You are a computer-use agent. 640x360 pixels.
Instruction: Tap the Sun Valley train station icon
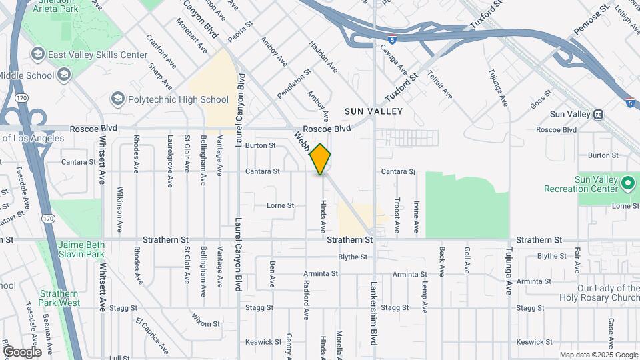pyautogui.click(x=599, y=114)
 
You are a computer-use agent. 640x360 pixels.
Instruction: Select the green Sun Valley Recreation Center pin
pyautogui.click(x=627, y=182)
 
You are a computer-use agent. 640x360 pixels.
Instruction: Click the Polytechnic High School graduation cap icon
pyautogui.click(x=118, y=99)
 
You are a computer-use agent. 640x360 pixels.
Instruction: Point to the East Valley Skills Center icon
pyautogui.click(x=37, y=54)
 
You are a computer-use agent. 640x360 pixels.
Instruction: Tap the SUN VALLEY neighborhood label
pyautogui.click(x=374, y=111)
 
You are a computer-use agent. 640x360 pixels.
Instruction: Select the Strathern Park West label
pyautogui.click(x=60, y=298)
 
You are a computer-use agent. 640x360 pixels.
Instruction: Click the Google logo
pyautogui.click(x=21, y=351)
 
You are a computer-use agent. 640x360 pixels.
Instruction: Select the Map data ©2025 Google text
pyautogui.click(x=598, y=355)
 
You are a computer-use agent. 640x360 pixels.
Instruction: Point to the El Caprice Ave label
pyautogui.click(x=151, y=337)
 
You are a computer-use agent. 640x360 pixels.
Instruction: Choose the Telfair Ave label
pyautogui.click(x=441, y=85)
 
